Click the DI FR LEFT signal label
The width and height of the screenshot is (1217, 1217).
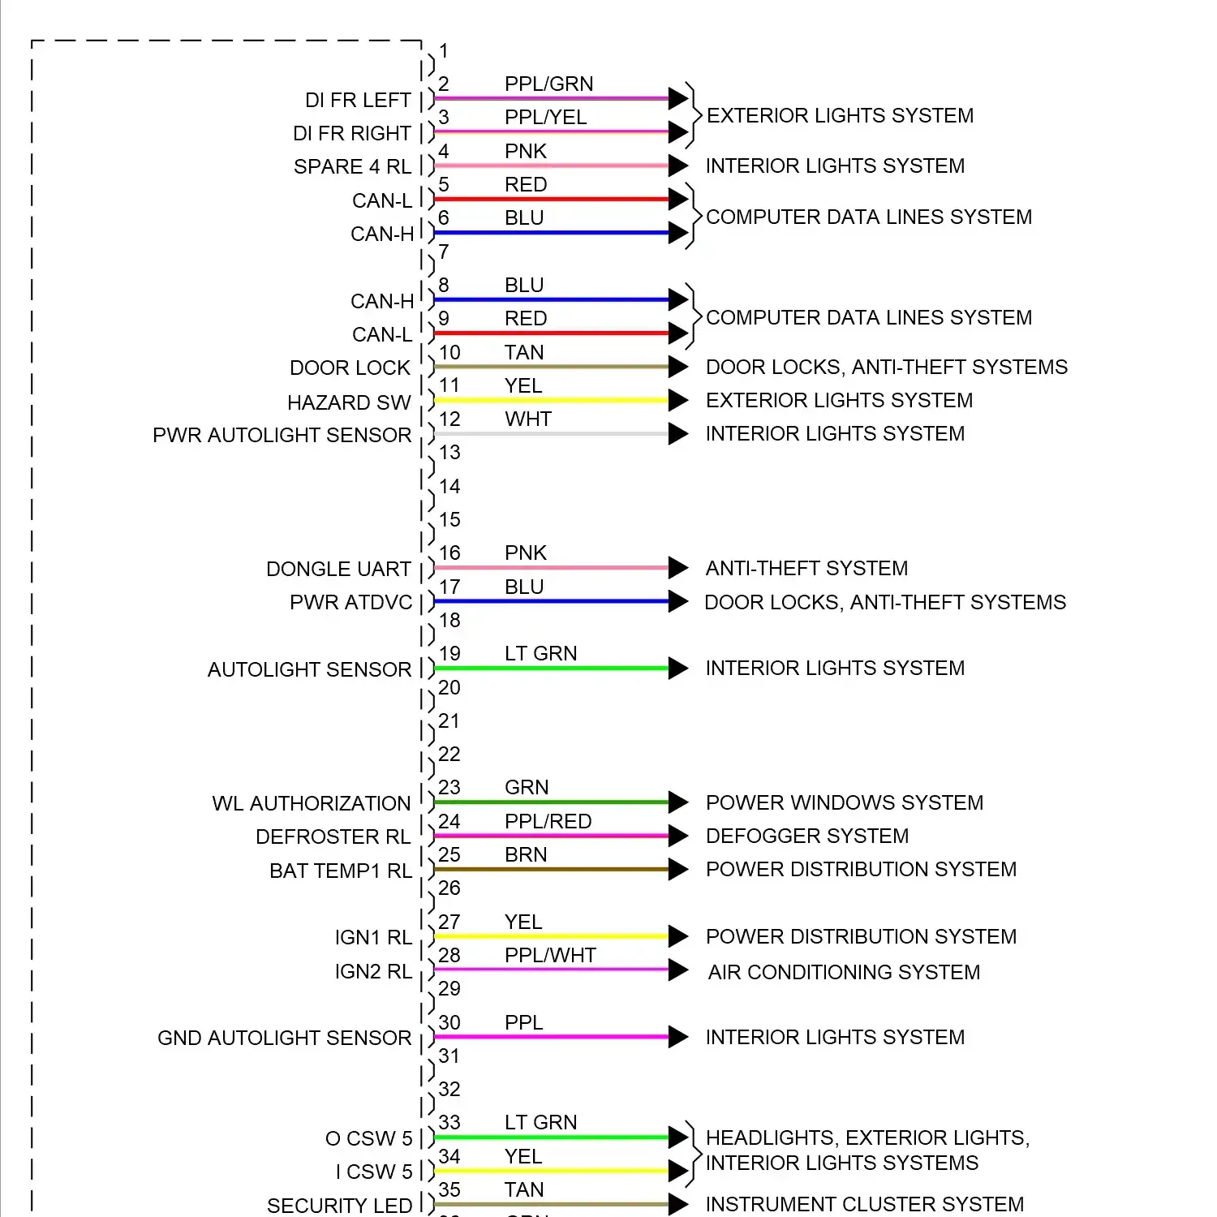(x=358, y=100)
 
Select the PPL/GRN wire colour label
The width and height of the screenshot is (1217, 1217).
(x=548, y=84)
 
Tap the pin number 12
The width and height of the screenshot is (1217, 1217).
(x=449, y=419)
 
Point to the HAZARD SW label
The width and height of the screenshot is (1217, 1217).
(x=349, y=402)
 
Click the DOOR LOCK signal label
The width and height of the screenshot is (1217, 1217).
(x=350, y=368)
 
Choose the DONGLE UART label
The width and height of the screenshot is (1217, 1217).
(x=338, y=569)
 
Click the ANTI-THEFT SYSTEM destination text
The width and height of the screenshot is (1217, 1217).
(x=806, y=568)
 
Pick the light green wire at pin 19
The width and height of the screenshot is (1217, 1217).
(x=552, y=669)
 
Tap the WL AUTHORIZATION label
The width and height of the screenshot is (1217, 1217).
(x=312, y=803)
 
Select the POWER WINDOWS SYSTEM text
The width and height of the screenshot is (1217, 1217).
(x=844, y=802)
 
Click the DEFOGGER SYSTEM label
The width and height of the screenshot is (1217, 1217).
(x=806, y=836)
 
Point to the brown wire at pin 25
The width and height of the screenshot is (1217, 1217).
(x=552, y=870)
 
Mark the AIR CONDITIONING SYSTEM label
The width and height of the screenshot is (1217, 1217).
(x=844, y=972)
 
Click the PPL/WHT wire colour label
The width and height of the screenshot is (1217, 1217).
(x=550, y=955)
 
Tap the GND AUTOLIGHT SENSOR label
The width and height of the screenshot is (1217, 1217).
(x=284, y=1038)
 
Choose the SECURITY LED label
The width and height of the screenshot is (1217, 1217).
(x=339, y=1206)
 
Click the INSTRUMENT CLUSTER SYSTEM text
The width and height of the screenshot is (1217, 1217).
(x=864, y=1204)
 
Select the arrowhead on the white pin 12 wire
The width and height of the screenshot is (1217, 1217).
(x=677, y=434)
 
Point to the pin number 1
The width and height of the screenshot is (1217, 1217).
(x=444, y=50)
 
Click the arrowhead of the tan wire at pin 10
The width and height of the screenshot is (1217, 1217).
(x=677, y=367)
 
